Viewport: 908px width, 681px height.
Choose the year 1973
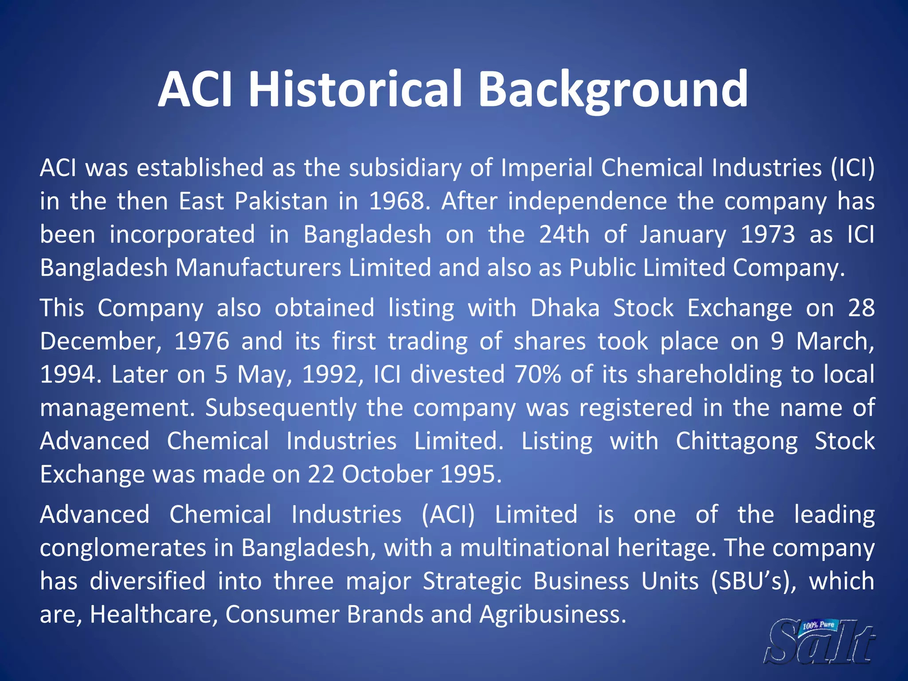(768, 235)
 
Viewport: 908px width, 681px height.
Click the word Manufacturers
(258, 268)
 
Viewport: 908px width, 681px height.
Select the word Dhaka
(565, 308)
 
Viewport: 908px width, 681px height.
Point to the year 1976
(202, 341)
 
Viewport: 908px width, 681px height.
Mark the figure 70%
(537, 374)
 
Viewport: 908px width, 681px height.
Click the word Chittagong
(736, 441)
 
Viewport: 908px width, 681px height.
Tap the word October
(387, 474)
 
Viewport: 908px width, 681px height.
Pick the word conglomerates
(123, 548)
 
